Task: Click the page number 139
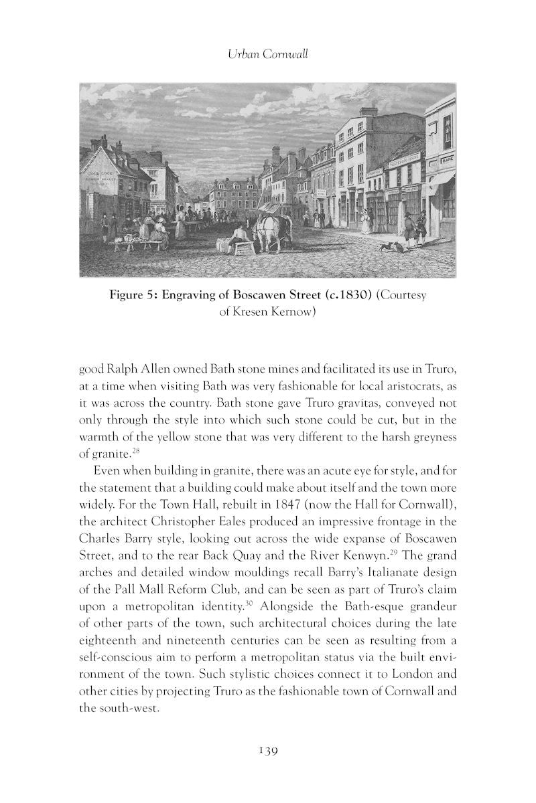[268, 750]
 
